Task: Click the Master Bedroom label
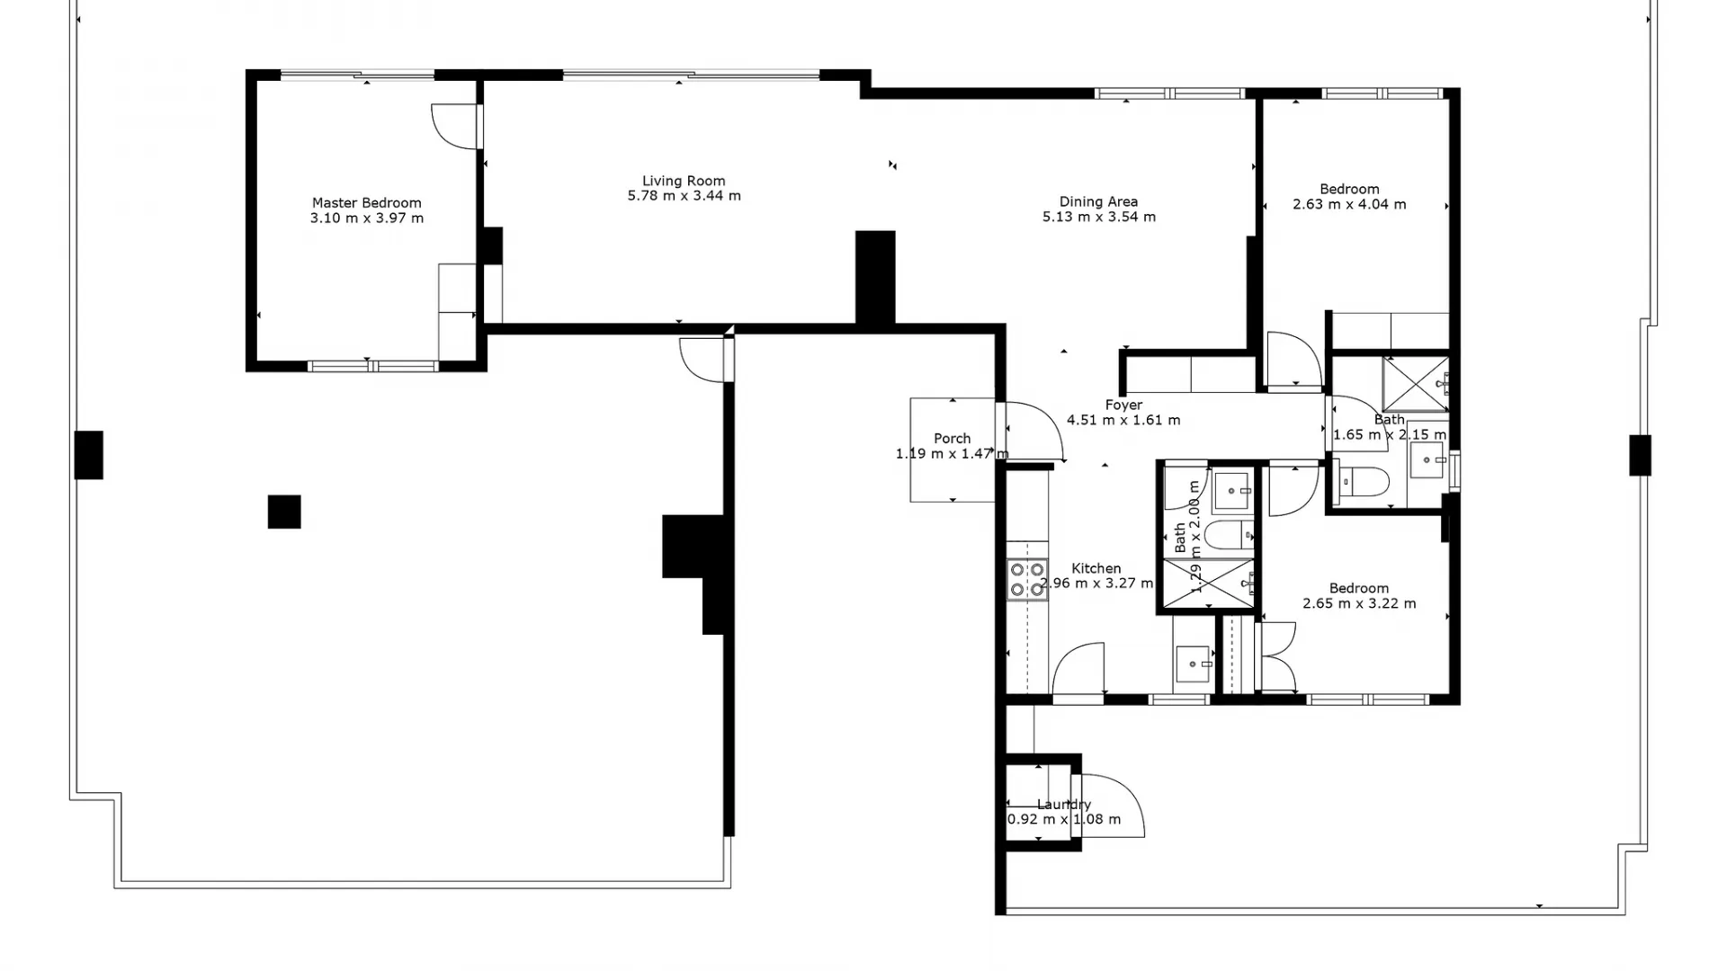pyautogui.click(x=366, y=203)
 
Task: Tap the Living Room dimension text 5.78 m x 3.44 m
pyautogui.click(x=684, y=196)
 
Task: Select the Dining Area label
pyautogui.click(x=1098, y=201)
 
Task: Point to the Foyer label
pyautogui.click(x=1123, y=405)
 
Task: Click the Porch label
pyautogui.click(x=952, y=439)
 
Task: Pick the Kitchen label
pyautogui.click(x=1096, y=568)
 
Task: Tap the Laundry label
pyautogui.click(x=1064, y=805)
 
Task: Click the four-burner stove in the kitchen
pyautogui.click(x=1026, y=580)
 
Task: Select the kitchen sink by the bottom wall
pyautogui.click(x=1194, y=664)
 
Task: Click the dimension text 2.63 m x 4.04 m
pyautogui.click(x=1349, y=205)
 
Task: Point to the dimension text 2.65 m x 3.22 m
pyautogui.click(x=1359, y=603)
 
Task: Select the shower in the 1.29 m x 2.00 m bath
pyautogui.click(x=1208, y=583)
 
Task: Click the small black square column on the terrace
pyautogui.click(x=284, y=512)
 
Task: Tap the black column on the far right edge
pyautogui.click(x=1640, y=455)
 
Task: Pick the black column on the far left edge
pyautogui.click(x=88, y=455)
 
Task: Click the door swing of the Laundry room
pyautogui.click(x=1115, y=805)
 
